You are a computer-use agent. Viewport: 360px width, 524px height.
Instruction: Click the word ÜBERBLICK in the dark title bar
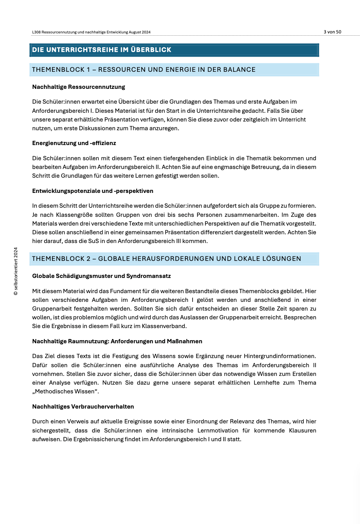click(x=151, y=50)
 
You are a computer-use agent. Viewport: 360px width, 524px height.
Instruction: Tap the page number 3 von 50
click(x=332, y=32)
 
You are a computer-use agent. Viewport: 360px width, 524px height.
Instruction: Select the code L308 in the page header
click(x=36, y=32)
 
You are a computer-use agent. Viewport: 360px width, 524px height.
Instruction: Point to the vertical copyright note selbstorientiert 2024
click(x=16, y=271)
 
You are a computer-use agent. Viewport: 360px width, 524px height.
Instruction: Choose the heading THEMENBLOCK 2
click(x=61, y=259)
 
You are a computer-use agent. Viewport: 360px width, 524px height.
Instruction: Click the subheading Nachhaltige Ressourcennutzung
click(x=79, y=87)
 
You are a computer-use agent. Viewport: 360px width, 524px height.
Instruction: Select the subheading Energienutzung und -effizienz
click(x=74, y=143)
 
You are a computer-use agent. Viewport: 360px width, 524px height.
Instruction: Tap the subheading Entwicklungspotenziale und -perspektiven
click(x=93, y=191)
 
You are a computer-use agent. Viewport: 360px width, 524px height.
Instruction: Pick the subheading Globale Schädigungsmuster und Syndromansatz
click(x=101, y=276)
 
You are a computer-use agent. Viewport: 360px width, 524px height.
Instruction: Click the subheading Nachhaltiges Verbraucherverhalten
click(x=83, y=407)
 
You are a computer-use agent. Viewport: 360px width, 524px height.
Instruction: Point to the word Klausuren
click(x=302, y=431)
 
